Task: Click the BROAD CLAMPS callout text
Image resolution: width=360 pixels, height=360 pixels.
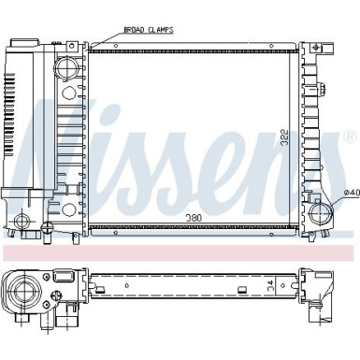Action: tap(149, 30)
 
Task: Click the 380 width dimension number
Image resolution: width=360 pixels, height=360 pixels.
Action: tap(194, 218)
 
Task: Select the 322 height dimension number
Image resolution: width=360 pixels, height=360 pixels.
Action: tap(284, 137)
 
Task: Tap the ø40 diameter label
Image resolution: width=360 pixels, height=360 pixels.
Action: tap(352, 193)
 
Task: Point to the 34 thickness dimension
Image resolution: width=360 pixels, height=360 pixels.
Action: tap(270, 284)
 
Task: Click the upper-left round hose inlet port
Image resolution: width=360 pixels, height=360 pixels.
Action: tap(66, 67)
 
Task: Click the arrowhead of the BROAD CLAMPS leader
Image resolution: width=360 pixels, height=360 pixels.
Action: tap(91, 48)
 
